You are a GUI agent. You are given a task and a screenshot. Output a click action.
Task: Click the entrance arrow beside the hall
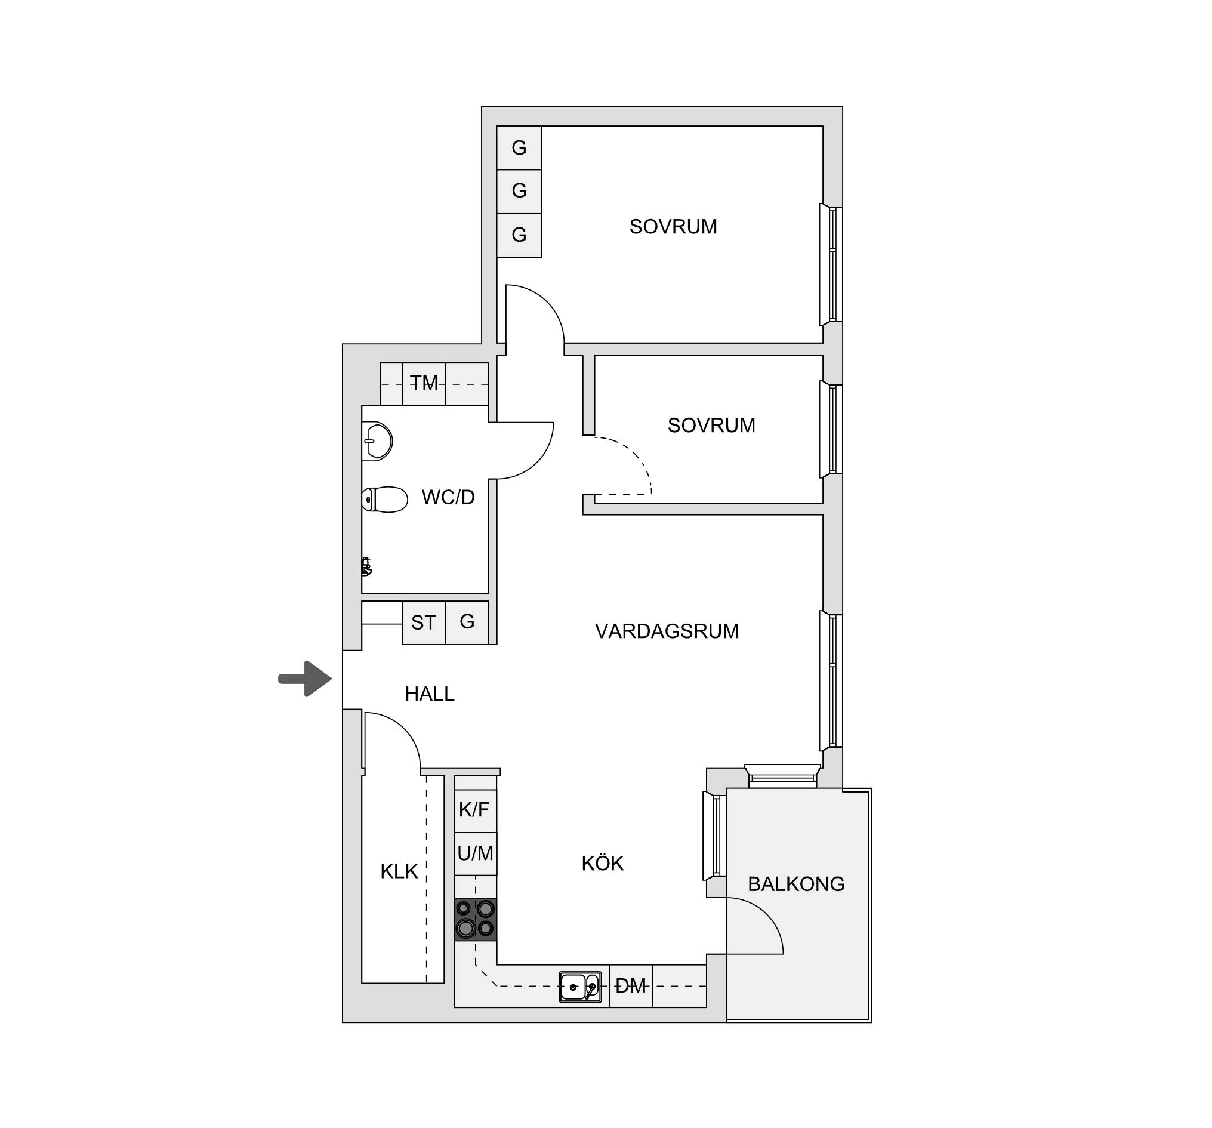306,679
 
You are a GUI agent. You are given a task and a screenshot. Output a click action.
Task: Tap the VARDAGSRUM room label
667,631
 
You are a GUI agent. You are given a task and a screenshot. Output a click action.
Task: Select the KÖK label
602,864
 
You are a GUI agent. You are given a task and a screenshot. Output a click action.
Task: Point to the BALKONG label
796,884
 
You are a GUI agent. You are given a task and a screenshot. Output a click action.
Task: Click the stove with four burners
476,920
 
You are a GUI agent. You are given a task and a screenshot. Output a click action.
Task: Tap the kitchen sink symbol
581,987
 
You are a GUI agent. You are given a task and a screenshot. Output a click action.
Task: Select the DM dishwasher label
630,986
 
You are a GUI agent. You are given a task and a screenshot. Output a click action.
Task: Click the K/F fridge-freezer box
476,811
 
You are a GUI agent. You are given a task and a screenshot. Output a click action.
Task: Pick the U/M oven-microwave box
476,854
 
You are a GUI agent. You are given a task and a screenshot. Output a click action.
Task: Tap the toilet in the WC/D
384,500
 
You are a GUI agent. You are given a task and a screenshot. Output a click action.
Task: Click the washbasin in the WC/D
377,441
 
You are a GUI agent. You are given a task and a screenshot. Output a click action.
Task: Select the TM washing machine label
424,383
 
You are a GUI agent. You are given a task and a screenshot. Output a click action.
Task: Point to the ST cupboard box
424,622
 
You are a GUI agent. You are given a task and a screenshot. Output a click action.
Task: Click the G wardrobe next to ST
467,622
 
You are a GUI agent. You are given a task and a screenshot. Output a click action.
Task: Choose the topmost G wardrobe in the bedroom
519,147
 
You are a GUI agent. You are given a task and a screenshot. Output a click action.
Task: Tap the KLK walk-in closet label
399,872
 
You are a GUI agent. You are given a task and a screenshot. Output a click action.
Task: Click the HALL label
430,694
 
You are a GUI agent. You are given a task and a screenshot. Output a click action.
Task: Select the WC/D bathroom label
448,498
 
